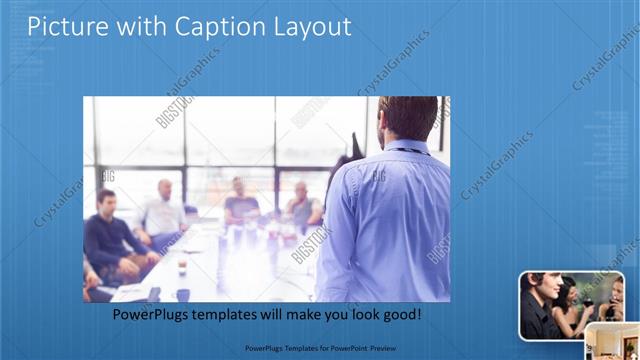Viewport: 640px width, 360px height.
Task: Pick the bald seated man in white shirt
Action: [163, 211]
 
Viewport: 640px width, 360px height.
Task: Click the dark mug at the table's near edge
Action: [182, 294]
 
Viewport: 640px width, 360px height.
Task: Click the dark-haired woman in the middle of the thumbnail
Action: [566, 300]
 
